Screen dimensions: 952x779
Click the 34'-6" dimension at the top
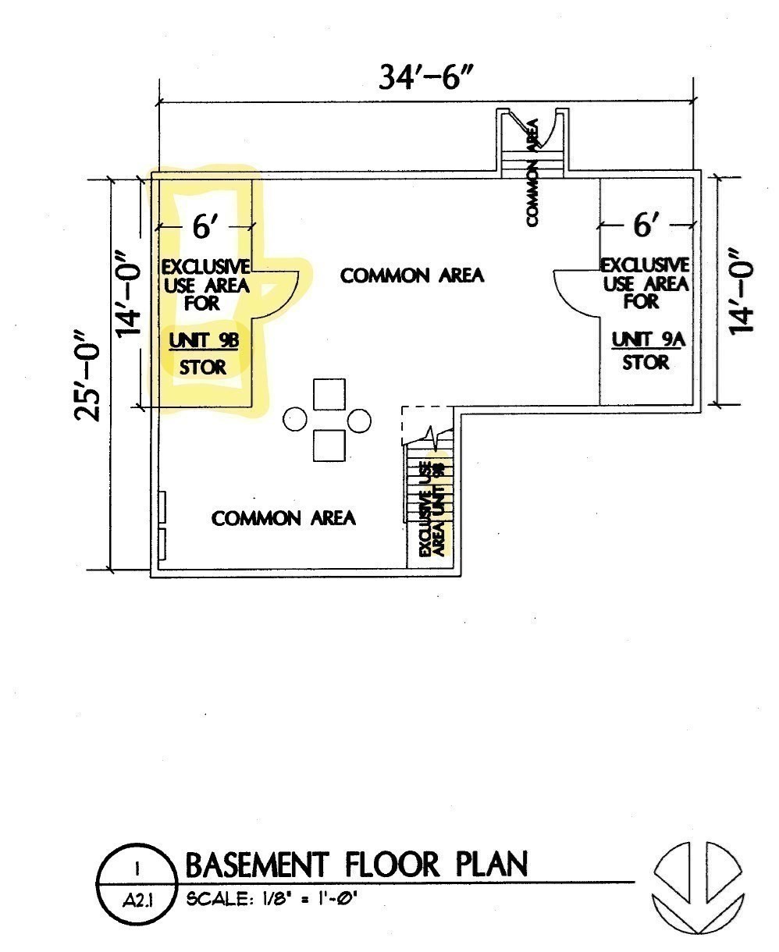click(426, 77)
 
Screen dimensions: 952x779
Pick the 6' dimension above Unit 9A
click(645, 226)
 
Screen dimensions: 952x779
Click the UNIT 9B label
click(202, 341)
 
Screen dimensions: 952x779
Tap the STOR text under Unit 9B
click(202, 367)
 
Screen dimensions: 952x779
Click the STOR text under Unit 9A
click(645, 363)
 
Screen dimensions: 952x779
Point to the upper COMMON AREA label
click(412, 275)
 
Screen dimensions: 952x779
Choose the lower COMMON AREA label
click(283, 518)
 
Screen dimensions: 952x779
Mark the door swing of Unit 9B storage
click(278, 294)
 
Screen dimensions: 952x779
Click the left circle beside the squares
click(295, 420)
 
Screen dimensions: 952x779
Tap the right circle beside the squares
click(359, 421)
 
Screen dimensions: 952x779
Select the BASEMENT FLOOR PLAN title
click(356, 865)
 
